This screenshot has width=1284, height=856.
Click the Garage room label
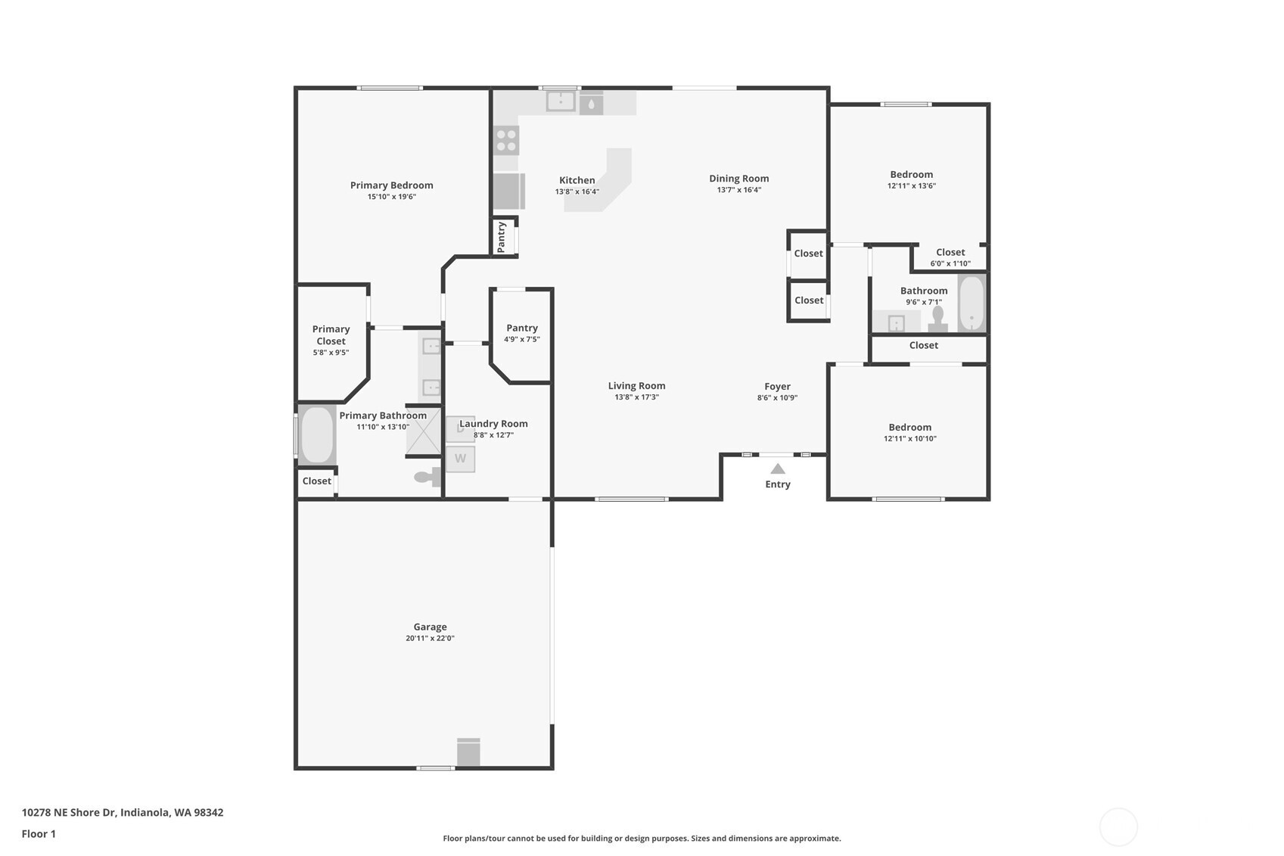430,627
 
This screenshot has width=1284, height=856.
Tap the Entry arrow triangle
777,469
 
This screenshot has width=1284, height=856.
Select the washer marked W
460,459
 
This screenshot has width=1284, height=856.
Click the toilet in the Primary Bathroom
427,477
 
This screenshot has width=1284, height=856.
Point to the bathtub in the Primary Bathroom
317,434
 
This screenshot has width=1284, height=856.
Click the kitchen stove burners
506,141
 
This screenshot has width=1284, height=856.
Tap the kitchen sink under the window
560,101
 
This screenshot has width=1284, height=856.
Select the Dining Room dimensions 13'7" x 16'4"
739,190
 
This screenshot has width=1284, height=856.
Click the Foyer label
777,387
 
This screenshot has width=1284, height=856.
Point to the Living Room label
636,386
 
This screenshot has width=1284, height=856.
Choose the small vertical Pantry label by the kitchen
502,237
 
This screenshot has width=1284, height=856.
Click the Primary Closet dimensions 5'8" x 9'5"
331,353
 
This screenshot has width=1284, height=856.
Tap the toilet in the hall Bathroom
937,319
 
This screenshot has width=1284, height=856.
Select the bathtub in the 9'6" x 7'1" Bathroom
972,303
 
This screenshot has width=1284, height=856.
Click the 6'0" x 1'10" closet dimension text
950,263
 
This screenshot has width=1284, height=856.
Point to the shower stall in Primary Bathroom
424,431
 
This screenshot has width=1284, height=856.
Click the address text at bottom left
123,812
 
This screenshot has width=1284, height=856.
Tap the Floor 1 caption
39,834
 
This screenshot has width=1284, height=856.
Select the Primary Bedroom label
391,185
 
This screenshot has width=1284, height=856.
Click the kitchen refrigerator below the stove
509,191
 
